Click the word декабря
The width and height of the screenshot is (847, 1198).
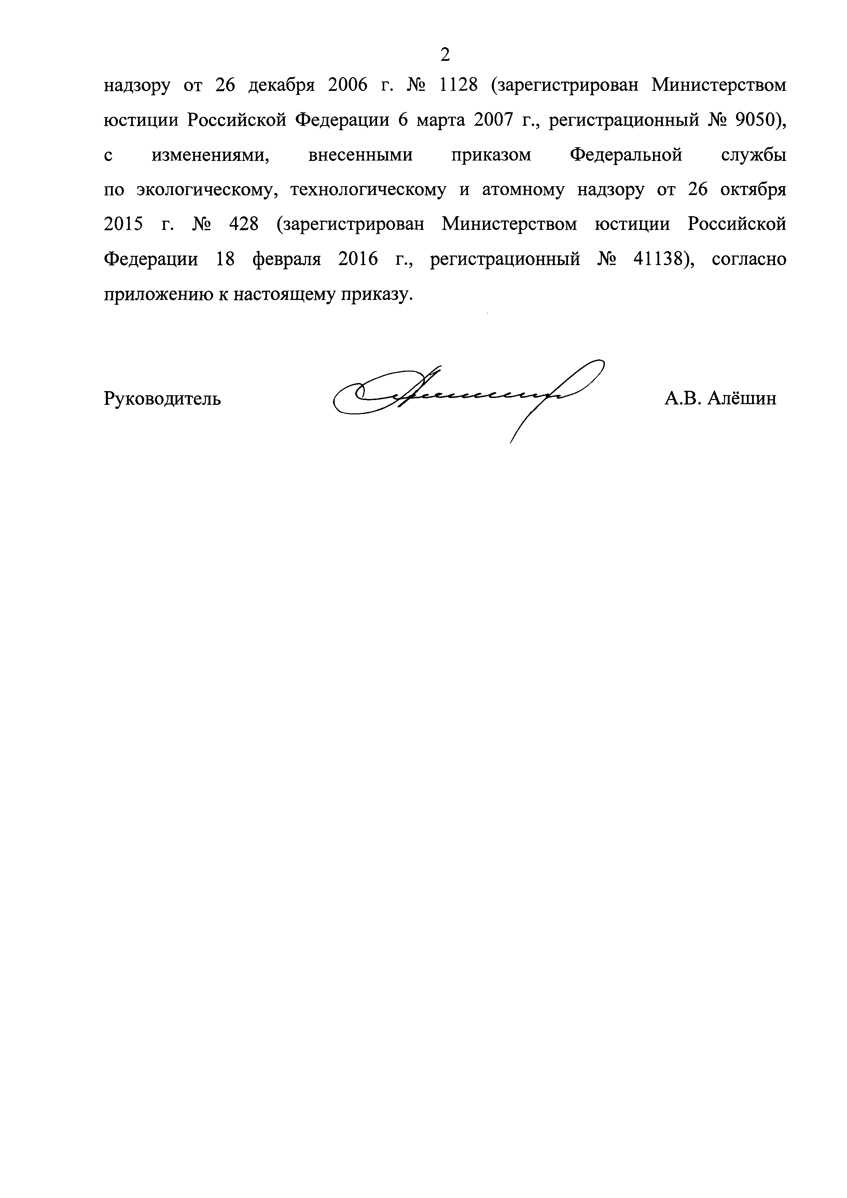pyautogui.click(x=281, y=85)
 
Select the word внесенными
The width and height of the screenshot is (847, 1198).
pyautogui.click(x=360, y=155)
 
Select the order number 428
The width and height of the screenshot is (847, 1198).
pyautogui.click(x=244, y=225)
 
